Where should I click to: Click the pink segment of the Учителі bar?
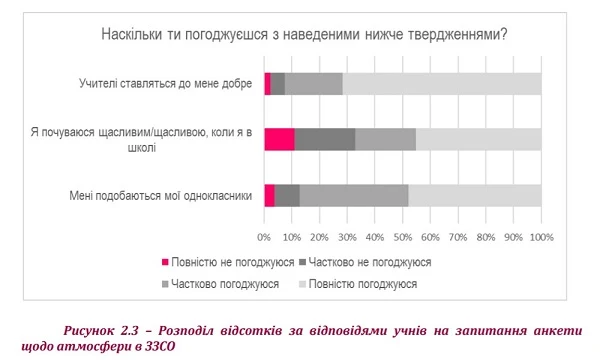click(267, 84)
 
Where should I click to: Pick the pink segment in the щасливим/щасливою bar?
click(279, 139)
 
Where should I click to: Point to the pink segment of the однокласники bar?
click(269, 196)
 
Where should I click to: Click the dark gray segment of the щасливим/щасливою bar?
click(325, 139)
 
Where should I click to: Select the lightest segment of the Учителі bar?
click(442, 84)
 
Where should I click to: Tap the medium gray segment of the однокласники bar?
click(354, 196)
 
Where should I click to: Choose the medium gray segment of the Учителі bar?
click(314, 84)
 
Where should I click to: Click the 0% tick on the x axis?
click(264, 237)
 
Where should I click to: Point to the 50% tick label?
click(402, 237)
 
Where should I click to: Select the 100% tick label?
click(541, 237)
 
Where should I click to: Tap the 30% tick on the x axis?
click(347, 237)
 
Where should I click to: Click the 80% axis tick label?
click(485, 237)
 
